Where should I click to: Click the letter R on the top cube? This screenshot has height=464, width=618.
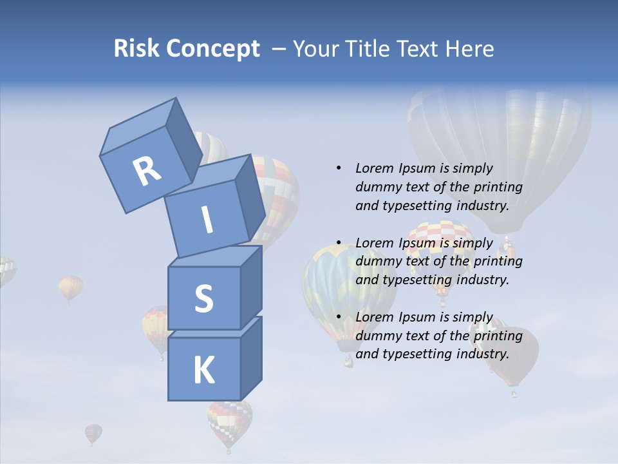(147, 171)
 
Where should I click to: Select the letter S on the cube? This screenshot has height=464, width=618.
(203, 298)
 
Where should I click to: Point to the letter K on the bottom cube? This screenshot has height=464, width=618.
(203, 370)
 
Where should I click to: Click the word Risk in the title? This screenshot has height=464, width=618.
(136, 48)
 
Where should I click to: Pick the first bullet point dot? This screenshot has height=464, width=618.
(339, 168)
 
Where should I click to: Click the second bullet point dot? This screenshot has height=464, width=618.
(339, 243)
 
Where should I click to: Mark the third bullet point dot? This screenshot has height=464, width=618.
(339, 317)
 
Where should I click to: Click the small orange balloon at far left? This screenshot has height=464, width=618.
(70, 287)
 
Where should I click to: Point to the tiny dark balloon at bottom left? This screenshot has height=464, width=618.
(93, 432)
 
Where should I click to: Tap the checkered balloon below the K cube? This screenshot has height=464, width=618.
(229, 422)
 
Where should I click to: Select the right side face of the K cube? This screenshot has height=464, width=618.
(251, 359)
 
